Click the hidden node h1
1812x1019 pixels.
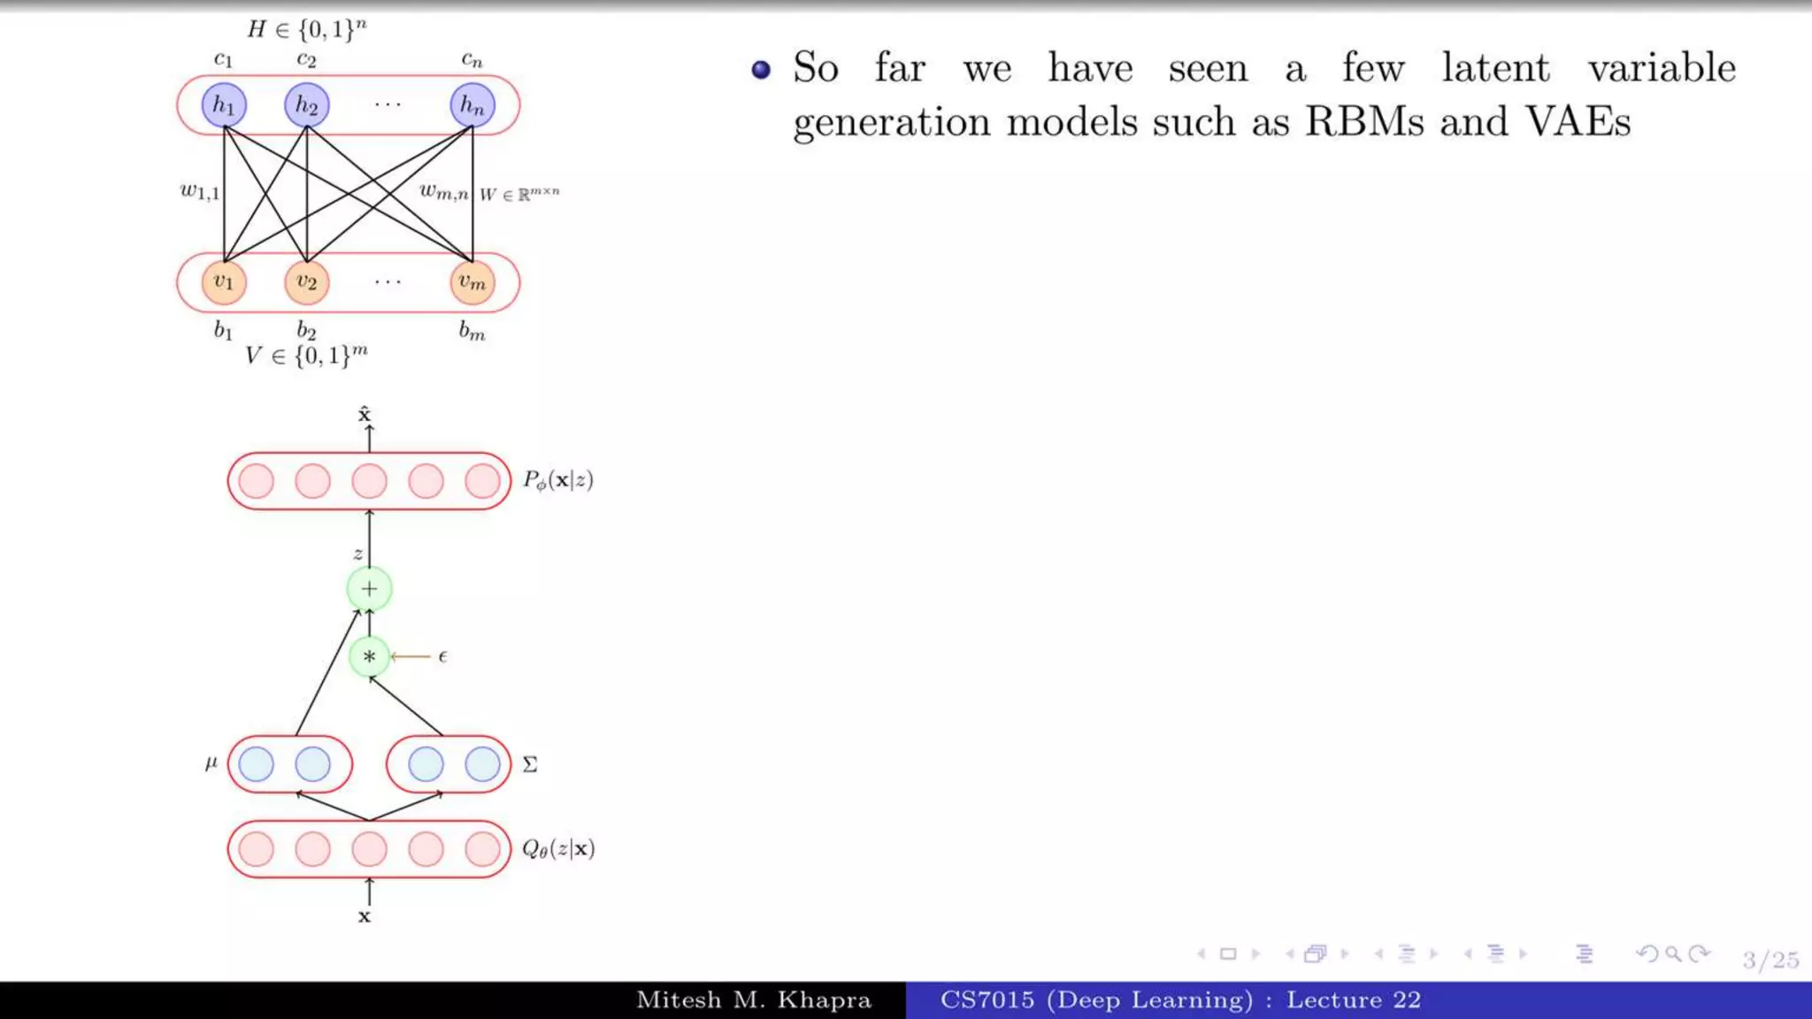point(224,105)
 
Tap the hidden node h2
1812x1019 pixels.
point(306,105)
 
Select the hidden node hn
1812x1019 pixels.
point(472,105)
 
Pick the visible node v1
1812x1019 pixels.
point(224,282)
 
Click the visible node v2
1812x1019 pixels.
point(306,282)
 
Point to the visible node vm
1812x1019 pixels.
point(472,282)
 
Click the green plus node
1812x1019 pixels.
point(369,589)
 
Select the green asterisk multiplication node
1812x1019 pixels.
point(369,656)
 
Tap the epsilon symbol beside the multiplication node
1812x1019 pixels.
point(442,656)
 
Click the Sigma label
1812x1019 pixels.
point(530,764)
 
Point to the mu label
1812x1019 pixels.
point(211,762)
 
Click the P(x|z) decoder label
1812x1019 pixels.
point(557,480)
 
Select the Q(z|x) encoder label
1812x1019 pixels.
point(557,849)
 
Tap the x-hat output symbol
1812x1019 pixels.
point(365,414)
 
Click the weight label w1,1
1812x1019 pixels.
point(199,191)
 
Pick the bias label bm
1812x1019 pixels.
point(472,332)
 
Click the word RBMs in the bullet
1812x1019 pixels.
point(1364,121)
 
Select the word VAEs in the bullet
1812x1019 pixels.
point(1578,121)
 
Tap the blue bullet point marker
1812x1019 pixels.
point(761,69)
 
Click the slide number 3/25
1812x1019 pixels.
point(1770,960)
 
